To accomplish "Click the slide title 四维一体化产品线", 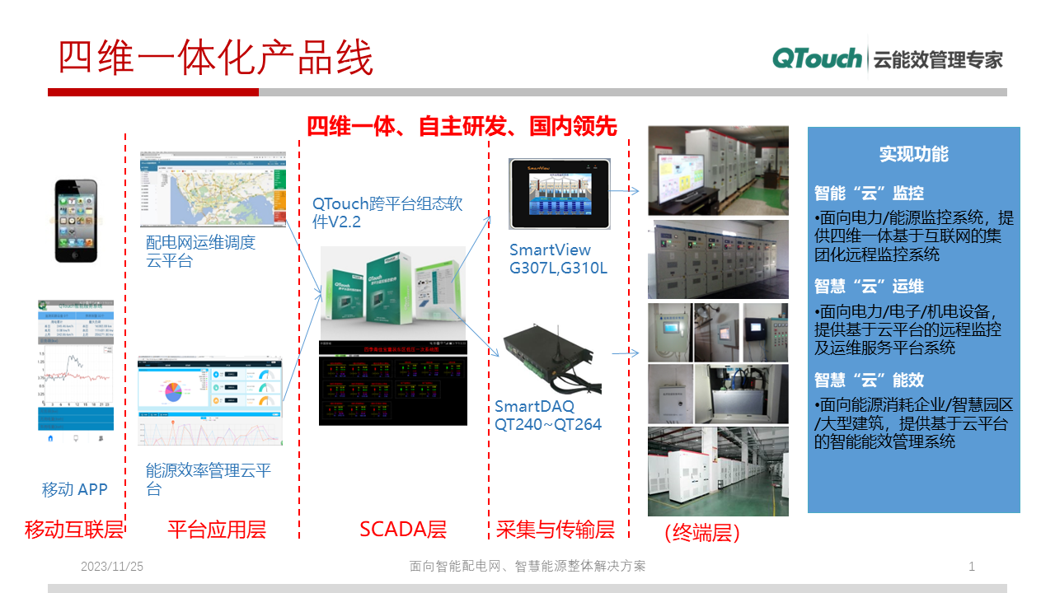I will pyautogui.click(x=216, y=58).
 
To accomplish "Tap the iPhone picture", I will pyautogui.click(x=76, y=221).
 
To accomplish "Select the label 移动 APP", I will pyautogui.click(x=75, y=489).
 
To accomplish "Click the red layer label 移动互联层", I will pyautogui.click(x=74, y=530).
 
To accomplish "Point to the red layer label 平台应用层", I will pyautogui.click(x=217, y=530).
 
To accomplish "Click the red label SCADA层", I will pyautogui.click(x=403, y=530).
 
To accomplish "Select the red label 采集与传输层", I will pyautogui.click(x=556, y=530).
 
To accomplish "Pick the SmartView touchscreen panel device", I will pyautogui.click(x=559, y=194).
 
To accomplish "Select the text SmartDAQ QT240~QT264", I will pyautogui.click(x=547, y=416).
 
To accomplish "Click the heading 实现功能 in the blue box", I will pyautogui.click(x=913, y=154).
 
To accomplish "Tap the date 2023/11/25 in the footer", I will pyautogui.click(x=112, y=567).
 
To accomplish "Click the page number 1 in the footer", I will pyautogui.click(x=972, y=567).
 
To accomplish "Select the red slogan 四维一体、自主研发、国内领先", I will pyautogui.click(x=462, y=126).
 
